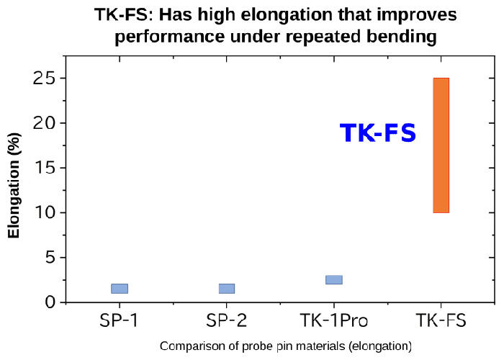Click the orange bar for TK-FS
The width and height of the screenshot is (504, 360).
(x=441, y=145)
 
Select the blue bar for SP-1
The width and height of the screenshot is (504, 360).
(x=120, y=289)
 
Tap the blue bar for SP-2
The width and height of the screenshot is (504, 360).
(x=227, y=289)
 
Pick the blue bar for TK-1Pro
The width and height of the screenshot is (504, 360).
(x=334, y=279)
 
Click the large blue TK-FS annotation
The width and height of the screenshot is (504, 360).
(x=378, y=133)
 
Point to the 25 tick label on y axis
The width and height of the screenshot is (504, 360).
(x=45, y=78)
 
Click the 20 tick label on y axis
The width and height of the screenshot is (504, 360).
(x=45, y=123)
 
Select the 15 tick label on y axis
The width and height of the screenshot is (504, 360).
(x=45, y=168)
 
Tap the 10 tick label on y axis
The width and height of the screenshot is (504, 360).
(x=45, y=212)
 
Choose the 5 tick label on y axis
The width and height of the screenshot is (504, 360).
(x=51, y=258)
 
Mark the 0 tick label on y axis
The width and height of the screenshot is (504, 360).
(x=51, y=302)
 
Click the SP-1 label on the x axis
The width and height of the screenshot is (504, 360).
(x=119, y=320)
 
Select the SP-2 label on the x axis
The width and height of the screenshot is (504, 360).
(x=226, y=320)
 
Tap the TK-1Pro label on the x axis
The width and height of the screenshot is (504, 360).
(x=334, y=320)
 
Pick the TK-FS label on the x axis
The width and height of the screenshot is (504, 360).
(x=441, y=320)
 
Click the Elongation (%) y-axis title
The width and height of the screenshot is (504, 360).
(x=14, y=186)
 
